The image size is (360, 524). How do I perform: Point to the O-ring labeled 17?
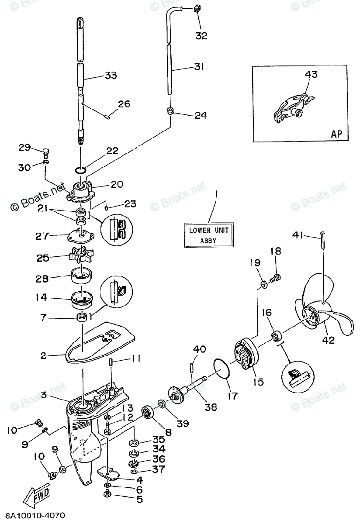coord(223,370)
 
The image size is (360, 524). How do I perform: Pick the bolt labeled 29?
coord(46,152)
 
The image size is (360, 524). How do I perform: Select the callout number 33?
coord(110,76)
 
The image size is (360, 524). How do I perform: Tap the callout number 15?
coord(258,382)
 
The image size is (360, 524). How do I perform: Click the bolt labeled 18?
coord(276,276)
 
